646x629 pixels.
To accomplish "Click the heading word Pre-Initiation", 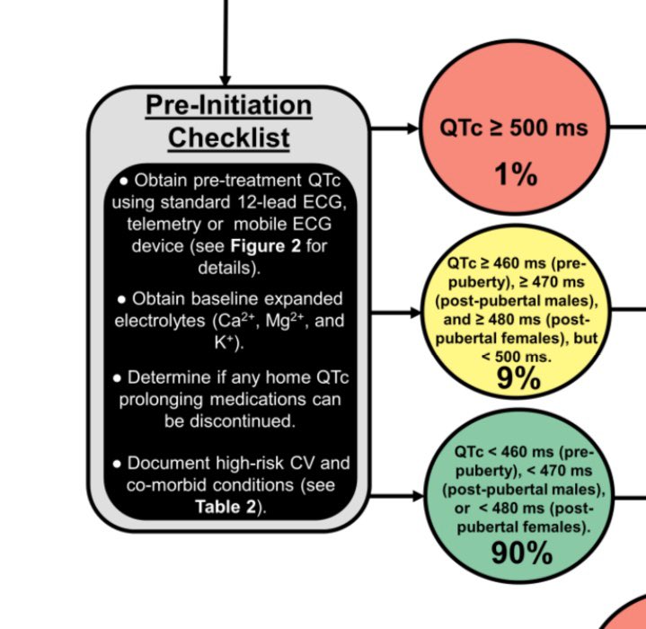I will coord(228,106).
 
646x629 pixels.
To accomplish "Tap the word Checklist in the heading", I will coord(228,137).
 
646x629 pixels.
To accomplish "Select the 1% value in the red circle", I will coord(515,173).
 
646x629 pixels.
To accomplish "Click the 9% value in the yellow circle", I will coord(518,379).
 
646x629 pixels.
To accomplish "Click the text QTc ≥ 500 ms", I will coord(513,128).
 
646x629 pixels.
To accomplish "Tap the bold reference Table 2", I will coord(225,505).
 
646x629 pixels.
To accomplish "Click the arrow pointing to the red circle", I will coord(395,128).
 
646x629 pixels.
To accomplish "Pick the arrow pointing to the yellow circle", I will coord(395,313).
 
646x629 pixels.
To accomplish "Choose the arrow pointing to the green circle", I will coord(395,495).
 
